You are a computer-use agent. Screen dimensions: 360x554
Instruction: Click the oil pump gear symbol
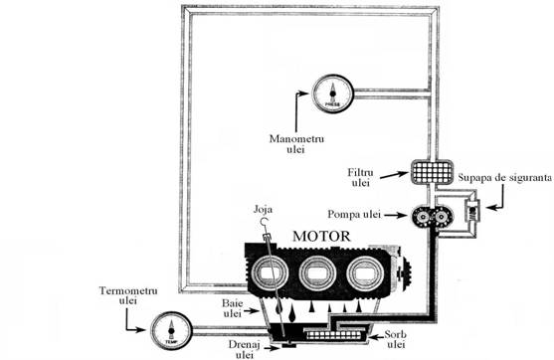[x=430, y=214]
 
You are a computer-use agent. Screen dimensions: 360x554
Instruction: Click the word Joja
[x=263, y=210]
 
